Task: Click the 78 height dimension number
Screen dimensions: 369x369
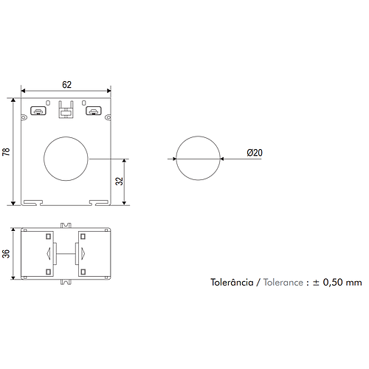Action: [x=7, y=151]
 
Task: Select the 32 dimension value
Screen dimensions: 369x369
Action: [x=119, y=181]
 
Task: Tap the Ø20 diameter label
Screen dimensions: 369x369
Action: [x=255, y=153]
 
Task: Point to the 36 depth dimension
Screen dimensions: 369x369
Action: [x=7, y=253]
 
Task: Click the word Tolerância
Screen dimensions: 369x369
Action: [x=232, y=283]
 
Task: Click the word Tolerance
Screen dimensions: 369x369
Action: [x=283, y=283]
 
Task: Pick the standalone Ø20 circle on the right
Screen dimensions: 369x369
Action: [x=199, y=158]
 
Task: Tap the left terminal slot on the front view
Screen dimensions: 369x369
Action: [x=37, y=112]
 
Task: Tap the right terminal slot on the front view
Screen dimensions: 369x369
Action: [x=94, y=112]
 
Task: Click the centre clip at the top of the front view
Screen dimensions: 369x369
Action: [x=66, y=111]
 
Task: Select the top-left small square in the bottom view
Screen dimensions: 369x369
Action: [x=49, y=236]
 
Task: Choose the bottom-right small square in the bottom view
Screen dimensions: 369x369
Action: [x=82, y=272]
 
